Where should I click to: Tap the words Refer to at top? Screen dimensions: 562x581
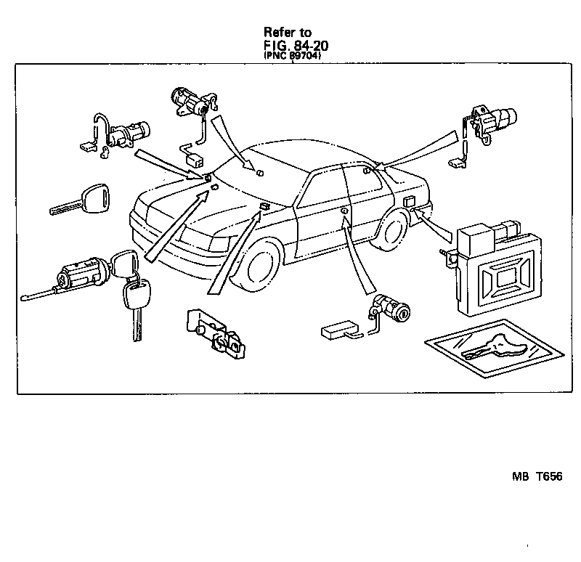click(x=288, y=33)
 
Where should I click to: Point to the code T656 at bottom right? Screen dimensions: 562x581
click(x=550, y=476)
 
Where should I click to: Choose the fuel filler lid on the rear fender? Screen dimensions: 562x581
click(x=407, y=201)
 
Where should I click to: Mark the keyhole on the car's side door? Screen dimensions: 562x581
click(x=343, y=211)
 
